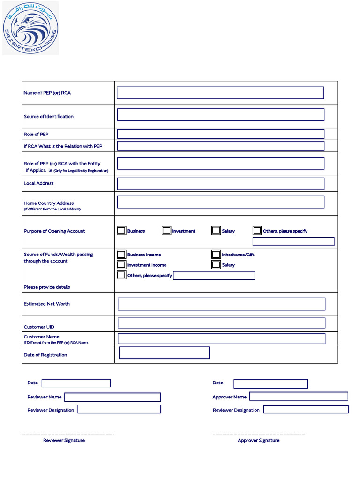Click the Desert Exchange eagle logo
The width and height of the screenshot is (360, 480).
click(x=30, y=28)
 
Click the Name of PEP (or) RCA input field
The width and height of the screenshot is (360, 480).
click(x=220, y=93)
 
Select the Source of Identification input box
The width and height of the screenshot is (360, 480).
click(x=220, y=115)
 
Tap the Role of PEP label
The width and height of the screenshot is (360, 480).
click(x=36, y=135)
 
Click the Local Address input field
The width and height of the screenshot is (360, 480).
click(x=220, y=184)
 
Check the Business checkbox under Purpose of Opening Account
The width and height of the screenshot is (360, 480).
click(x=121, y=231)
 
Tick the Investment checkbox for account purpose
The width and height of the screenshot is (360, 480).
click(x=166, y=231)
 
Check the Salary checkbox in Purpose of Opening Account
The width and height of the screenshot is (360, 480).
click(x=216, y=231)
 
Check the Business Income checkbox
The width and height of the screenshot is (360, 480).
click(x=121, y=255)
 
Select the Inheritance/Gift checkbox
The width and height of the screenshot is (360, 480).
click(x=216, y=255)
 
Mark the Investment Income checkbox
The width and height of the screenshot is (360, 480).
click(x=121, y=265)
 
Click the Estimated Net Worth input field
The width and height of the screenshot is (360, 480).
click(x=221, y=304)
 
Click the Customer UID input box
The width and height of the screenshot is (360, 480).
click(x=221, y=323)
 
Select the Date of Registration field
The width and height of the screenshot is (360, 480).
click(x=164, y=353)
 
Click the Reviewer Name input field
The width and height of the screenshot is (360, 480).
click(x=112, y=397)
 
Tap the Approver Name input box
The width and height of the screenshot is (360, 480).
click(x=299, y=397)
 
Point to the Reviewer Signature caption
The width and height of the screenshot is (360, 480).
click(x=64, y=441)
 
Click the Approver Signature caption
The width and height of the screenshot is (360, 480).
click(x=258, y=441)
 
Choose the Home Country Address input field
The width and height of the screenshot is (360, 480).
click(x=220, y=202)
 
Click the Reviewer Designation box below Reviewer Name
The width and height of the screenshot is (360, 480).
click(x=119, y=409)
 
